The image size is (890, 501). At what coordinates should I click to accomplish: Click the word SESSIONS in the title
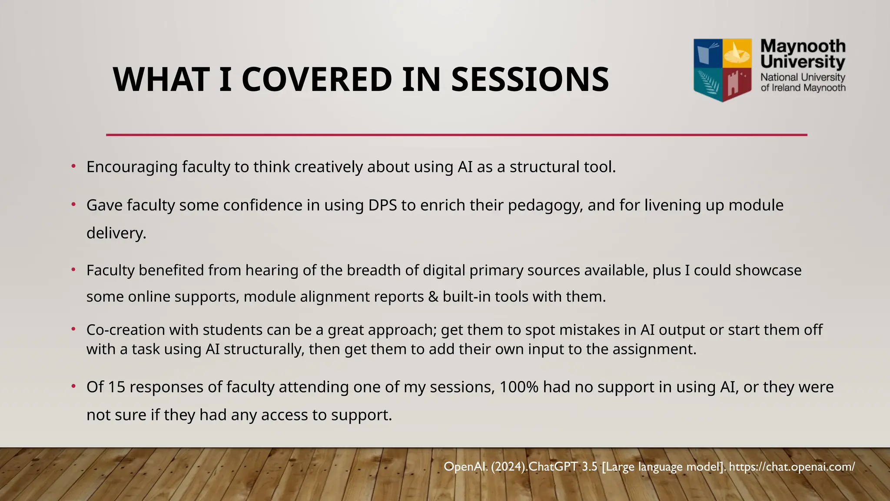pyautogui.click(x=530, y=80)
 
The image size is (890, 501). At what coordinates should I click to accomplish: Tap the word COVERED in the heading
pyautogui.click(x=317, y=80)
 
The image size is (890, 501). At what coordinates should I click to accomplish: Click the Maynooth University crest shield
pyautogui.click(x=722, y=70)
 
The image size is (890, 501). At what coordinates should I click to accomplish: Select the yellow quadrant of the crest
pyautogui.click(x=737, y=53)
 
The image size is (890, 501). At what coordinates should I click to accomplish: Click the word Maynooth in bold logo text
pyautogui.click(x=803, y=46)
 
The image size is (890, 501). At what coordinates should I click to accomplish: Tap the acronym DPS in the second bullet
pyautogui.click(x=382, y=205)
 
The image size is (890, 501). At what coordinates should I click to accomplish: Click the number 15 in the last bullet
pyautogui.click(x=116, y=387)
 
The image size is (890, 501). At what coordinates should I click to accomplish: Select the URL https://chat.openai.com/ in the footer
pyautogui.click(x=792, y=467)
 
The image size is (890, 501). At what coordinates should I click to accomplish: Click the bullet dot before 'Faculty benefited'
pyautogui.click(x=74, y=270)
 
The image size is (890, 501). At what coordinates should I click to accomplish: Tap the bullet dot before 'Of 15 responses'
pyautogui.click(x=74, y=387)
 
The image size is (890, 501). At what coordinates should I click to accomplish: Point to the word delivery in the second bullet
pyautogui.click(x=116, y=233)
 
